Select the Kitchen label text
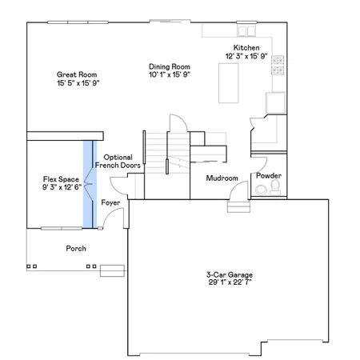point(245,47)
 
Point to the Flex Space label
point(61,179)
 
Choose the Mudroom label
point(222,178)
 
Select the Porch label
point(76,248)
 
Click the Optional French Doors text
point(118,161)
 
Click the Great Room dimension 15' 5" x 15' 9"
point(77,82)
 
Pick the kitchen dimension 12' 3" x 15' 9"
point(245,55)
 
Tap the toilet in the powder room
point(274,188)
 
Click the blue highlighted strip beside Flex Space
point(87,184)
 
